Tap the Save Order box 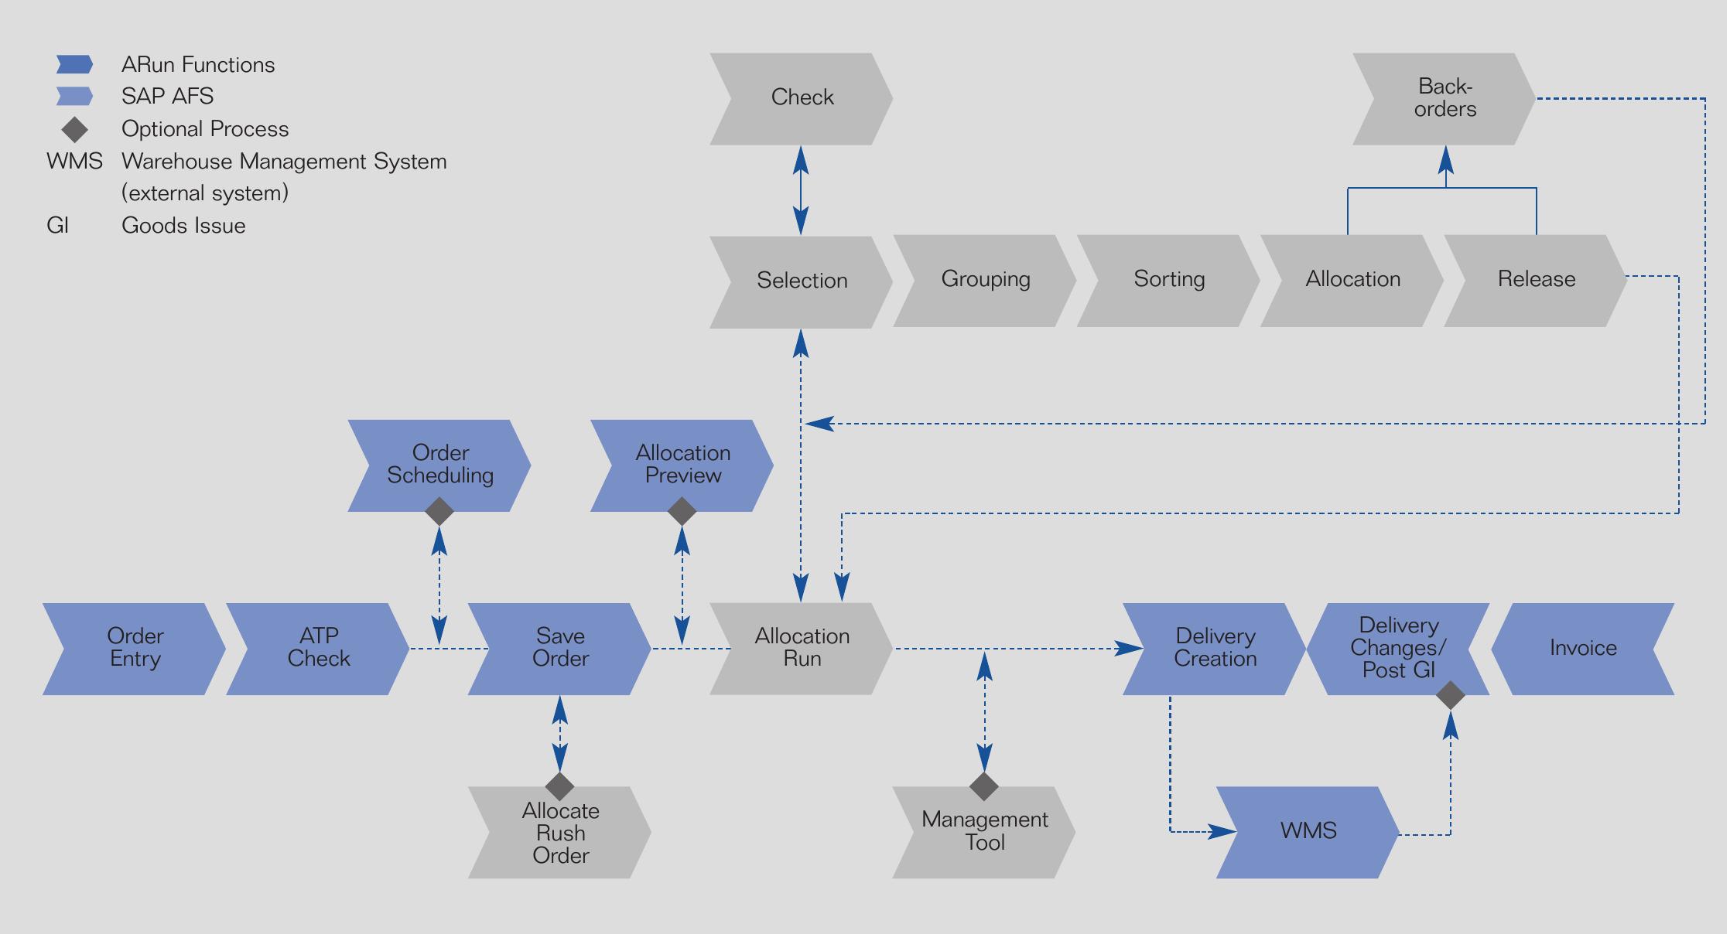559,649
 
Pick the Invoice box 1582,649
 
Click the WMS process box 1308,832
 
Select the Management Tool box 983,832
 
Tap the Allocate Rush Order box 559,833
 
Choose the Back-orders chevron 1444,99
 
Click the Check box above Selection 801,99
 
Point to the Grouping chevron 985,281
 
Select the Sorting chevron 1168,281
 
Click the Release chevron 1536,281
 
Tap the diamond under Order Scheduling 439,512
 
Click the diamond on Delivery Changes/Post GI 1451,695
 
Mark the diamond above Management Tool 984,786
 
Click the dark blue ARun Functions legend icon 74,64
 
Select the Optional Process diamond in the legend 74,129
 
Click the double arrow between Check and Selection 801,190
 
